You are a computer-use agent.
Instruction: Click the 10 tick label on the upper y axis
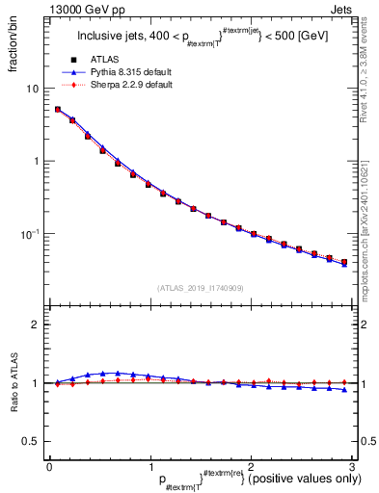tap(32, 89)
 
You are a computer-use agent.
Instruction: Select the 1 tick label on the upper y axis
tap(36, 161)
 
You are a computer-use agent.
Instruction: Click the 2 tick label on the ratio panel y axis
tap(36, 324)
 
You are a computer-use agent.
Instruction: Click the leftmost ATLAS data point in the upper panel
tap(58, 110)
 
